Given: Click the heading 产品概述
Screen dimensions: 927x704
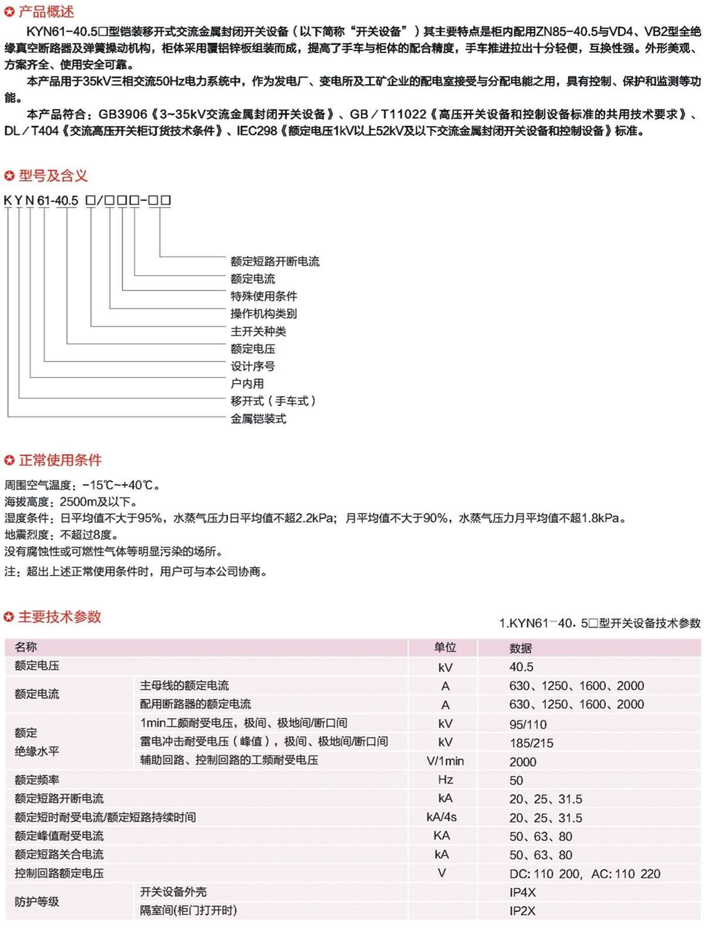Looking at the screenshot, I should pos(46,11).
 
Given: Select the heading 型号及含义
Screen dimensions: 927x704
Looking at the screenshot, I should pos(53,175).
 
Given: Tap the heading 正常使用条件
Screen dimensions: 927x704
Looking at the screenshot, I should pos(60,460).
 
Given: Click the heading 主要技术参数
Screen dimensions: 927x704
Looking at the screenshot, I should pos(59,617).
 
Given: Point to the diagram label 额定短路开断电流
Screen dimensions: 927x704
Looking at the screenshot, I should pos(275,262).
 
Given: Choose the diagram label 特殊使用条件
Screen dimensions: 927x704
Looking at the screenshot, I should pos(263,296).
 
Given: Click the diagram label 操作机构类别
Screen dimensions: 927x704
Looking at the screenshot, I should pos(263,314).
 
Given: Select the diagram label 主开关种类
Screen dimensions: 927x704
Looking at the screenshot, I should pos(258,331).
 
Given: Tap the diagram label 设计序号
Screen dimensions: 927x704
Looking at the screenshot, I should pos(252,367).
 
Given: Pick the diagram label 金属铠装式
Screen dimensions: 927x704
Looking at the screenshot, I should pos(258,419).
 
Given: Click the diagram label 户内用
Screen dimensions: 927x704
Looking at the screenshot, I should pos(247,384).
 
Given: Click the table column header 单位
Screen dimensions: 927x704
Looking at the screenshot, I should pos(445,647).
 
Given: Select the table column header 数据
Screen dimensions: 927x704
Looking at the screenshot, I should pos(520,648).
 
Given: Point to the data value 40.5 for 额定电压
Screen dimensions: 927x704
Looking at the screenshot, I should pos(521,667).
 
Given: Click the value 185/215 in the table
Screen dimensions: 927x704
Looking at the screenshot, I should pos(531,743).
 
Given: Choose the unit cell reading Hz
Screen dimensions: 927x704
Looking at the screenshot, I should pos(445,780).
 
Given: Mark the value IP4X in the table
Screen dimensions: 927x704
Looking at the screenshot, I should pos(522,892).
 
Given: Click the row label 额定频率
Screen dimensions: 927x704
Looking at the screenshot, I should pos(37,780).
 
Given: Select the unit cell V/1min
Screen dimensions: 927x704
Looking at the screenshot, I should pos(445,762).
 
